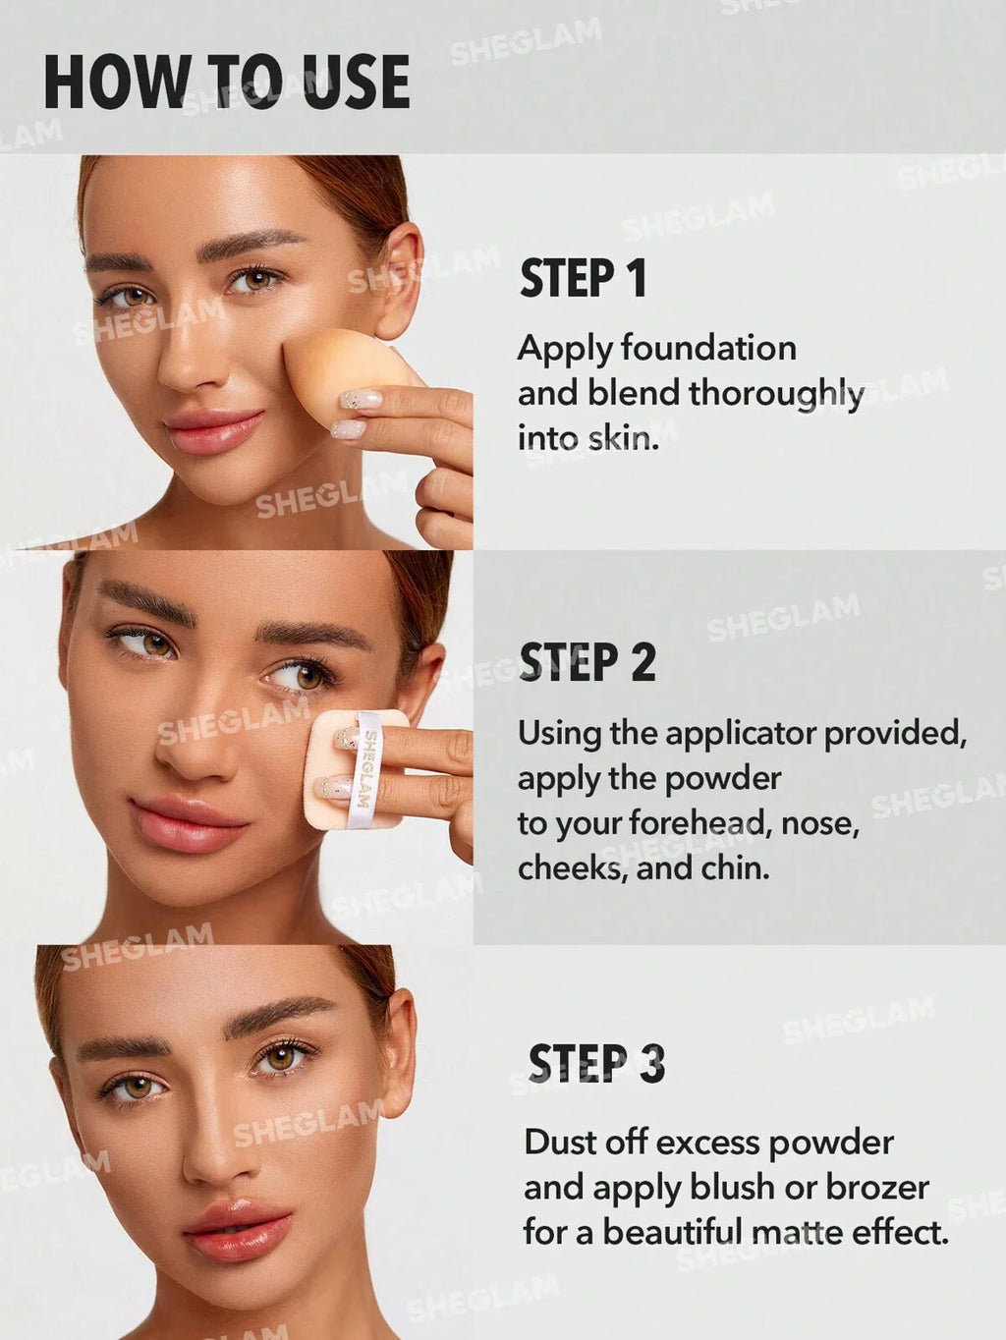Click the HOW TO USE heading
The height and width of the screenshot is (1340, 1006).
[x=226, y=83]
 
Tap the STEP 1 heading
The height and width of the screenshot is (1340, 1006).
[x=584, y=279]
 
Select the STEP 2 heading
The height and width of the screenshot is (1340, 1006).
[x=587, y=663]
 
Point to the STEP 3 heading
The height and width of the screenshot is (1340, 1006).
[x=596, y=1065]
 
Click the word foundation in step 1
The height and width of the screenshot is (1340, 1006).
[x=708, y=349]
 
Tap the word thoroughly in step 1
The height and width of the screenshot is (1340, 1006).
[x=776, y=394]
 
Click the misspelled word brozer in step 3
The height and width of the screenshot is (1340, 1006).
[x=877, y=1188]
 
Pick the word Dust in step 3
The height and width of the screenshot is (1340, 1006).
[x=559, y=1143]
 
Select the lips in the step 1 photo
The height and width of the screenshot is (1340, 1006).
[x=213, y=431]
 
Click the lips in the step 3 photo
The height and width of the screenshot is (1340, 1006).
[x=239, y=1229]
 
